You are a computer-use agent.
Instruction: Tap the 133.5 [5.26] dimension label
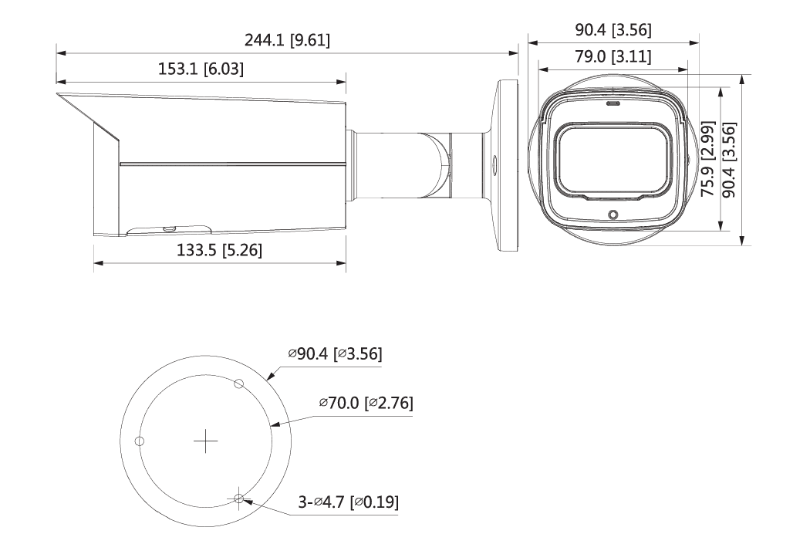click(218, 251)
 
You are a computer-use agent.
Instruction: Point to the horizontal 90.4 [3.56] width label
click(614, 30)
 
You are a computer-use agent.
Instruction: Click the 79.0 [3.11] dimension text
click(614, 56)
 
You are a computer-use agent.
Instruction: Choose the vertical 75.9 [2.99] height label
click(706, 160)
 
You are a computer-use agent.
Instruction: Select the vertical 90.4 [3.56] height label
click(727, 160)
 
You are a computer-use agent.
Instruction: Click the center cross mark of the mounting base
click(206, 441)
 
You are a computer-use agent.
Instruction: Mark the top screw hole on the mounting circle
click(239, 384)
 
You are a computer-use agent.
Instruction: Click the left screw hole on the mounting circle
click(140, 441)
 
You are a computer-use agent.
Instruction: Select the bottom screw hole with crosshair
click(239, 499)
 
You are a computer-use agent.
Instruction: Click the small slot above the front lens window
click(613, 102)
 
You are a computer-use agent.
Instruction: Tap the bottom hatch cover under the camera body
click(170, 228)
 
